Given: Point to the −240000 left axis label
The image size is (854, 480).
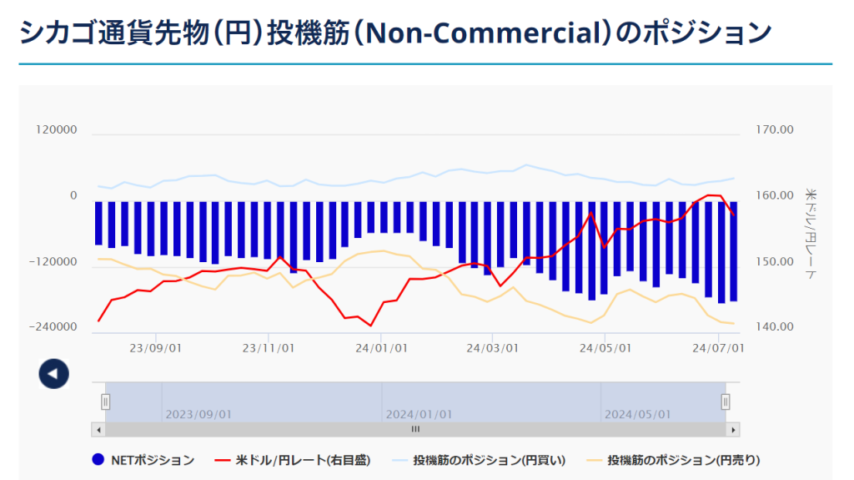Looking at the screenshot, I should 53,327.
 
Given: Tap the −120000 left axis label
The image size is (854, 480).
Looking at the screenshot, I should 53,262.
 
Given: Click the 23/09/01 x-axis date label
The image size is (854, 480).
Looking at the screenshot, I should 155,348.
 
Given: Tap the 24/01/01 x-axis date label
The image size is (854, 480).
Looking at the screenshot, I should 381,348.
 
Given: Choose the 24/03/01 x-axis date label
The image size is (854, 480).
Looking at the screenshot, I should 494,348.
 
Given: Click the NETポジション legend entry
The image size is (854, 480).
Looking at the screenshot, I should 143,460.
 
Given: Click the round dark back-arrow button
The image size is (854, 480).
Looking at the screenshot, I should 53,373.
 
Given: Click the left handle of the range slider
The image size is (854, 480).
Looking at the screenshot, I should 106,402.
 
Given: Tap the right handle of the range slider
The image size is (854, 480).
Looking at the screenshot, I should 726,402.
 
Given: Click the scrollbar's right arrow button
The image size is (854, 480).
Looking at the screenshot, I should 733,429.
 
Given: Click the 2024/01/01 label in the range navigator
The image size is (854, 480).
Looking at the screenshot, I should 419,414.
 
